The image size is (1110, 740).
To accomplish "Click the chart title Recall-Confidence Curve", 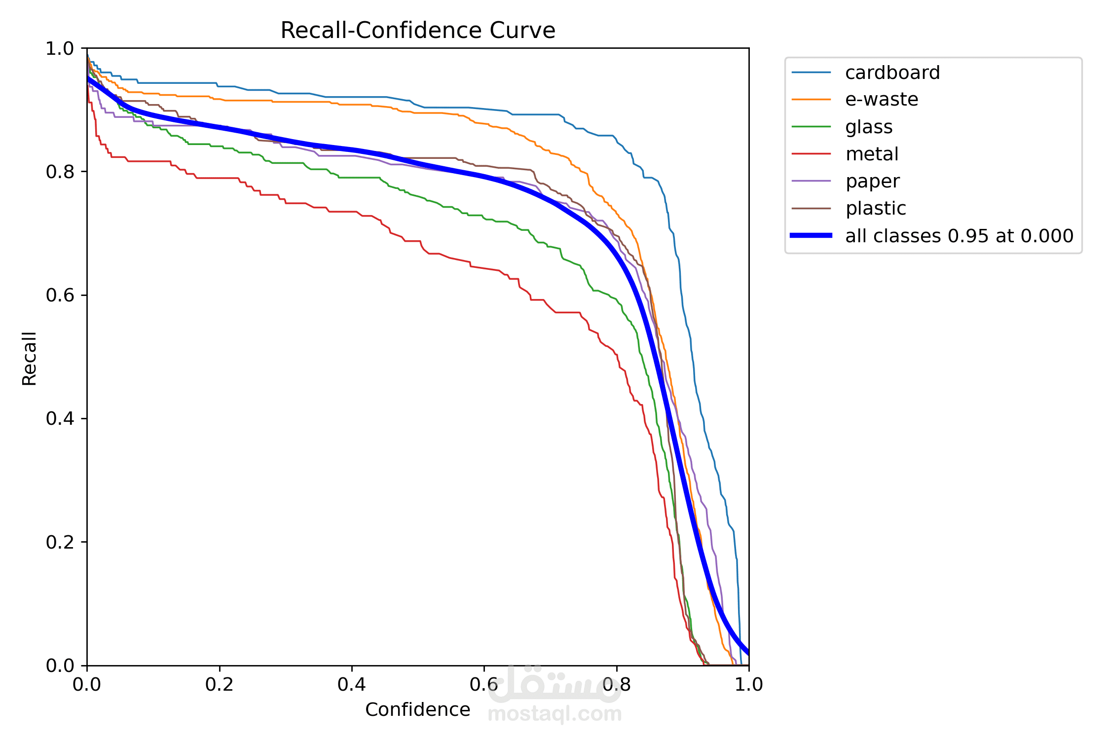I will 418,31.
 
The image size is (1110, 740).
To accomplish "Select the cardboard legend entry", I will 892,73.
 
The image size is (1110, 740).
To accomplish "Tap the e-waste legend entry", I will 881,100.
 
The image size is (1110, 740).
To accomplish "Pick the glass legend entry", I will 869,127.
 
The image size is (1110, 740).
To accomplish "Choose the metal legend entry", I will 872,154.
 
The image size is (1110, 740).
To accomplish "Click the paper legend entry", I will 872,182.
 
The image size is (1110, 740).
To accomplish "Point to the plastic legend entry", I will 876,209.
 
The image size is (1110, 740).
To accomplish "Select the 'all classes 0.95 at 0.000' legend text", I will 959,236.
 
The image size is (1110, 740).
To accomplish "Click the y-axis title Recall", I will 30,358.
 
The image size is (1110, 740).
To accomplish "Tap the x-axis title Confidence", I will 417,709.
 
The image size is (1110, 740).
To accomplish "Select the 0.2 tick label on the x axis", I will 220,684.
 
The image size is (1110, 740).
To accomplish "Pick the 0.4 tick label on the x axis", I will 352,684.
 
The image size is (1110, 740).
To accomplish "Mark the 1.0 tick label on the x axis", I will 748,684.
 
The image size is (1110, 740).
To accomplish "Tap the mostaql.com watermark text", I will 555,714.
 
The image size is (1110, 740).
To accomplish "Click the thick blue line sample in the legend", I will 811,236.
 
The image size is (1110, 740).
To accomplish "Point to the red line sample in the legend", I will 811,154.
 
